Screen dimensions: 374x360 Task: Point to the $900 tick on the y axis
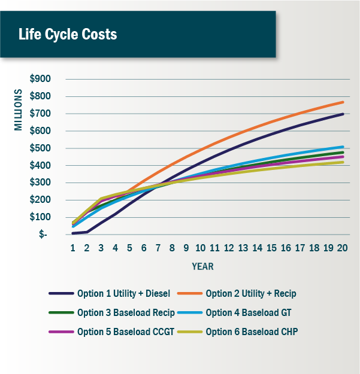click(40, 79)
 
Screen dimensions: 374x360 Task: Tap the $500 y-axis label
click(40, 148)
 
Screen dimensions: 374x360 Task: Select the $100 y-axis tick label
click(40, 217)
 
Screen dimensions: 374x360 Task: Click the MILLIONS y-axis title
click(18, 110)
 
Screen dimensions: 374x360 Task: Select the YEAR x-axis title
click(202, 266)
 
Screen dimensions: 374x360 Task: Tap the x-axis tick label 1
click(73, 247)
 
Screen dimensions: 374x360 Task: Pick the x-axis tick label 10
click(200, 247)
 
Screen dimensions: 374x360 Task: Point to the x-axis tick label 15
click(272, 247)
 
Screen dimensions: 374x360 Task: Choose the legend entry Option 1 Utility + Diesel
click(123, 294)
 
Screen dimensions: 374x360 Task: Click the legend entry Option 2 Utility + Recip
click(250, 294)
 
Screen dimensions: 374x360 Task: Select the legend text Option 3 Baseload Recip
click(126, 313)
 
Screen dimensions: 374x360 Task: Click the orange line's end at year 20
click(343, 102)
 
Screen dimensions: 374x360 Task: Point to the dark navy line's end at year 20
click(343, 114)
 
